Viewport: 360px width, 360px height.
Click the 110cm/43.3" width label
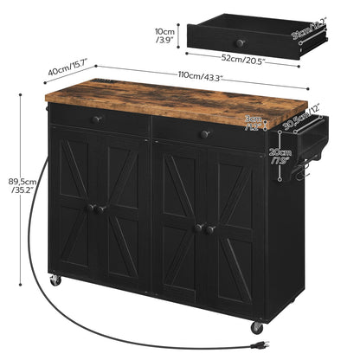tap(200, 76)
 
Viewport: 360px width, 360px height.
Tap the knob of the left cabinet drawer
tap(98, 119)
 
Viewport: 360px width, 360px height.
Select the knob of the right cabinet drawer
tap(206, 134)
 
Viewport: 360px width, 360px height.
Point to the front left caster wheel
tap(55, 281)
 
